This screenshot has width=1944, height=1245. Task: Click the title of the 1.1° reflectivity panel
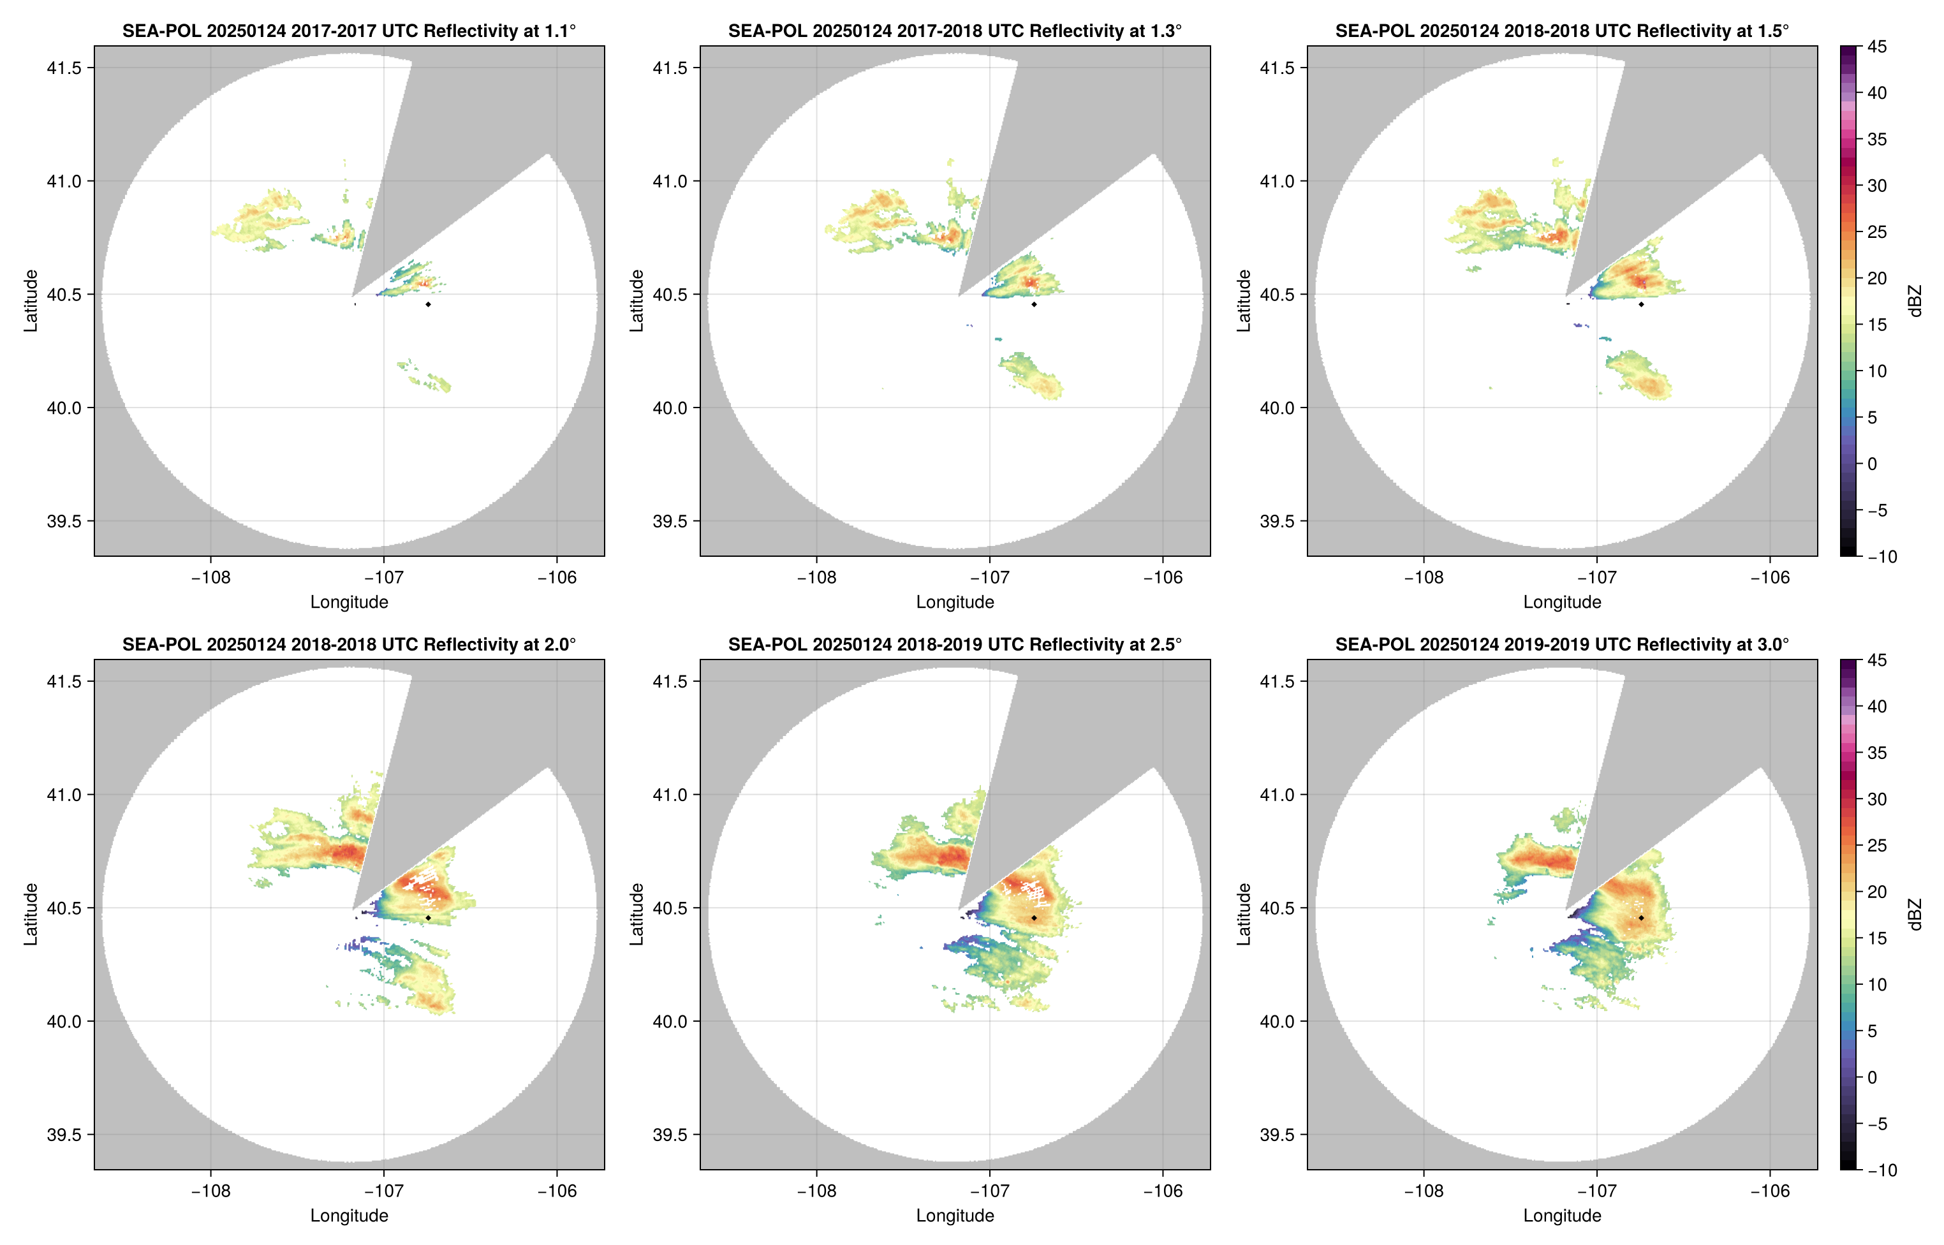tap(349, 31)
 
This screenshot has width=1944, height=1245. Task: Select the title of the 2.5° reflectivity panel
tap(955, 644)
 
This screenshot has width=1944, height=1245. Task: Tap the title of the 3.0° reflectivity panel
tap(1562, 644)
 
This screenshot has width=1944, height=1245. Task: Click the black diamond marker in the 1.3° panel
tap(1034, 305)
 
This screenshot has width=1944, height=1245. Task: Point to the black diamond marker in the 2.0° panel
tap(427, 918)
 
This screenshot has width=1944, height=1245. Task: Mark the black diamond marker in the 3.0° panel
tap(1641, 918)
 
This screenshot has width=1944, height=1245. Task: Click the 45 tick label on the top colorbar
tap(1877, 47)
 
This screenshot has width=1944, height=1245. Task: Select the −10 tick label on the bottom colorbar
tap(1881, 1170)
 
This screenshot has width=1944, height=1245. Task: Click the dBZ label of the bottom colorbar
tap(1915, 915)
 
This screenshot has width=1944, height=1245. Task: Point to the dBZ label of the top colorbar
tap(1915, 301)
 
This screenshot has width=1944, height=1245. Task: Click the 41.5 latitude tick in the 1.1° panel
tap(64, 68)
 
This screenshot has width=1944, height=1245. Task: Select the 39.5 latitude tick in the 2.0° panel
tap(64, 1134)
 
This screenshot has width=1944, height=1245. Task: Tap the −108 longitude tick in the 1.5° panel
tap(1424, 577)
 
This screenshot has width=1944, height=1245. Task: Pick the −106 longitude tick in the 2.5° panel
tap(1162, 1191)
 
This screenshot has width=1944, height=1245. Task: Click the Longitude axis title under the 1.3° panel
tap(955, 601)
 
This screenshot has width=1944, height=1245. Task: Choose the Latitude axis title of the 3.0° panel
tap(1244, 915)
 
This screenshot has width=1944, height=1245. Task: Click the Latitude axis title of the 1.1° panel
tap(31, 301)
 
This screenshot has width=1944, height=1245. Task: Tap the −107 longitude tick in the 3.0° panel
tap(1596, 1191)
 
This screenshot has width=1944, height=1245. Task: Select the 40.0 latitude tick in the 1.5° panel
tap(1277, 408)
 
